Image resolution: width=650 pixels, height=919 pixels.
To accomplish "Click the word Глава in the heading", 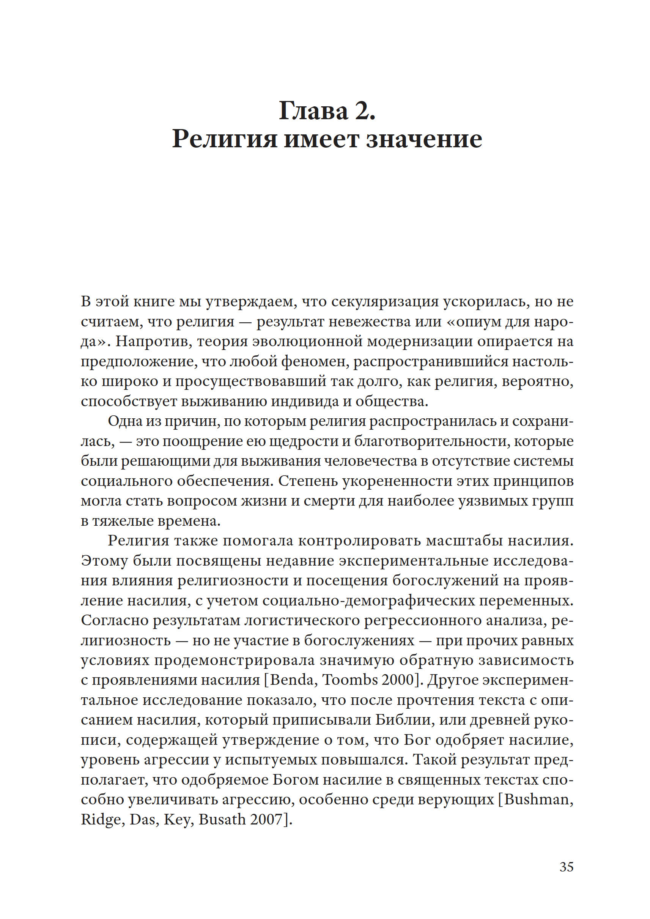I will tap(313, 110).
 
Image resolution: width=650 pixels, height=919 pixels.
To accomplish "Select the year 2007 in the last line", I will tap(266, 819).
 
